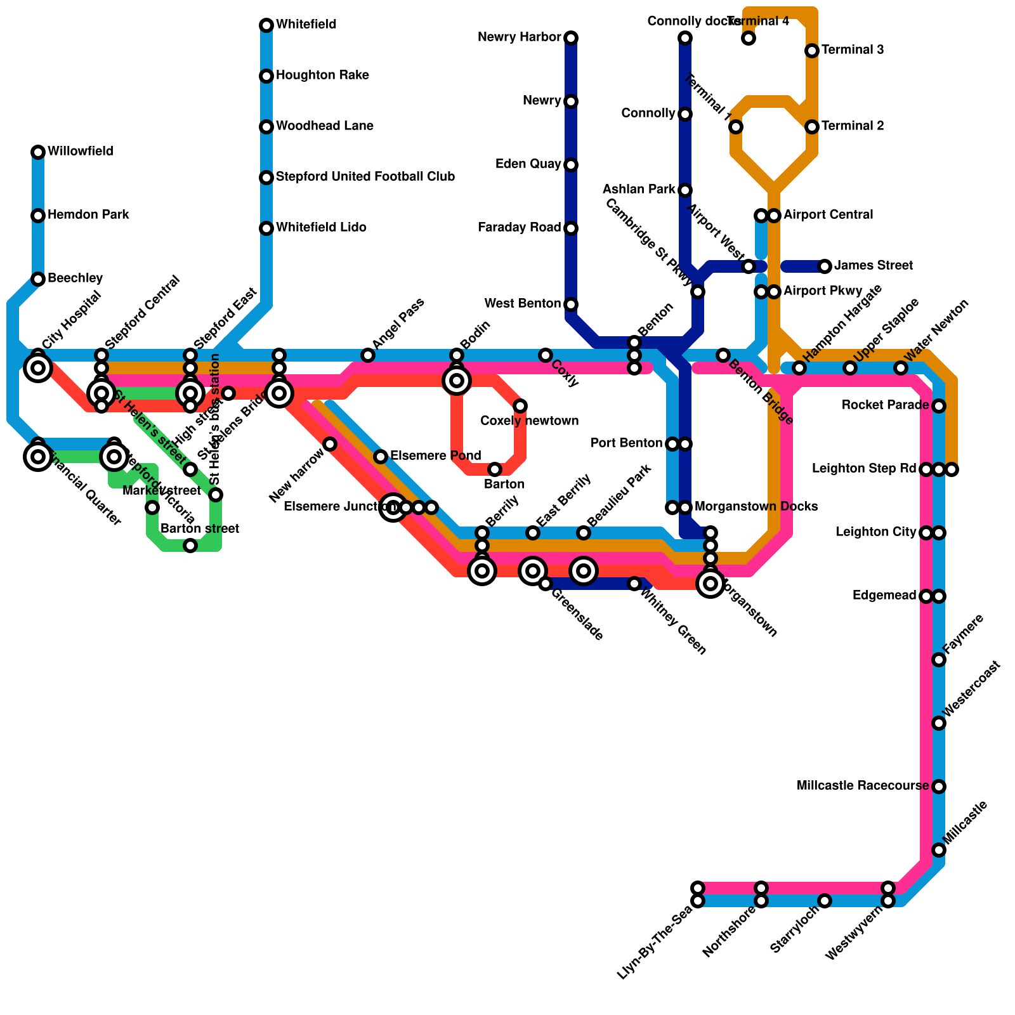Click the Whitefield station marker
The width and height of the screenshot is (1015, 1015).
(x=266, y=25)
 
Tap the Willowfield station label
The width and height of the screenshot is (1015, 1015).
(x=80, y=152)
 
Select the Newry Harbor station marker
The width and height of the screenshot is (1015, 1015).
(x=571, y=38)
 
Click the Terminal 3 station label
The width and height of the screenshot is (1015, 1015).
(x=853, y=50)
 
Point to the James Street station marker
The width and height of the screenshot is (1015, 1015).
(x=825, y=266)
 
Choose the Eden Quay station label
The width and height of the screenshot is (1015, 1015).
(x=528, y=164)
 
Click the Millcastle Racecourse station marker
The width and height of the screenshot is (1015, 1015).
(x=939, y=787)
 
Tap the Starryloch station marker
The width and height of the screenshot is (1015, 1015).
(x=825, y=901)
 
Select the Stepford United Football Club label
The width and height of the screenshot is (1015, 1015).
(x=365, y=177)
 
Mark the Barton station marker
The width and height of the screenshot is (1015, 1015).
(x=495, y=469)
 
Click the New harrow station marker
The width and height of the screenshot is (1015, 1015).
(x=330, y=444)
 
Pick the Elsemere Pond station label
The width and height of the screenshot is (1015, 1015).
(x=435, y=456)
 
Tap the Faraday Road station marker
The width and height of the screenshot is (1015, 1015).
(x=571, y=228)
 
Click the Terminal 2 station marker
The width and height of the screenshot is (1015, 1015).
(x=812, y=127)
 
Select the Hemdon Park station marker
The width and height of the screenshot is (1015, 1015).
(x=38, y=216)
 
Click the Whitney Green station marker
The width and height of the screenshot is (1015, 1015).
(x=634, y=584)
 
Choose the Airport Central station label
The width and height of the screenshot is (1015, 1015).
(x=828, y=215)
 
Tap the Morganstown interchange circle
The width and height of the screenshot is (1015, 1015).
(x=710, y=584)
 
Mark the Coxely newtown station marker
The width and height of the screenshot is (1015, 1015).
(x=520, y=406)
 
